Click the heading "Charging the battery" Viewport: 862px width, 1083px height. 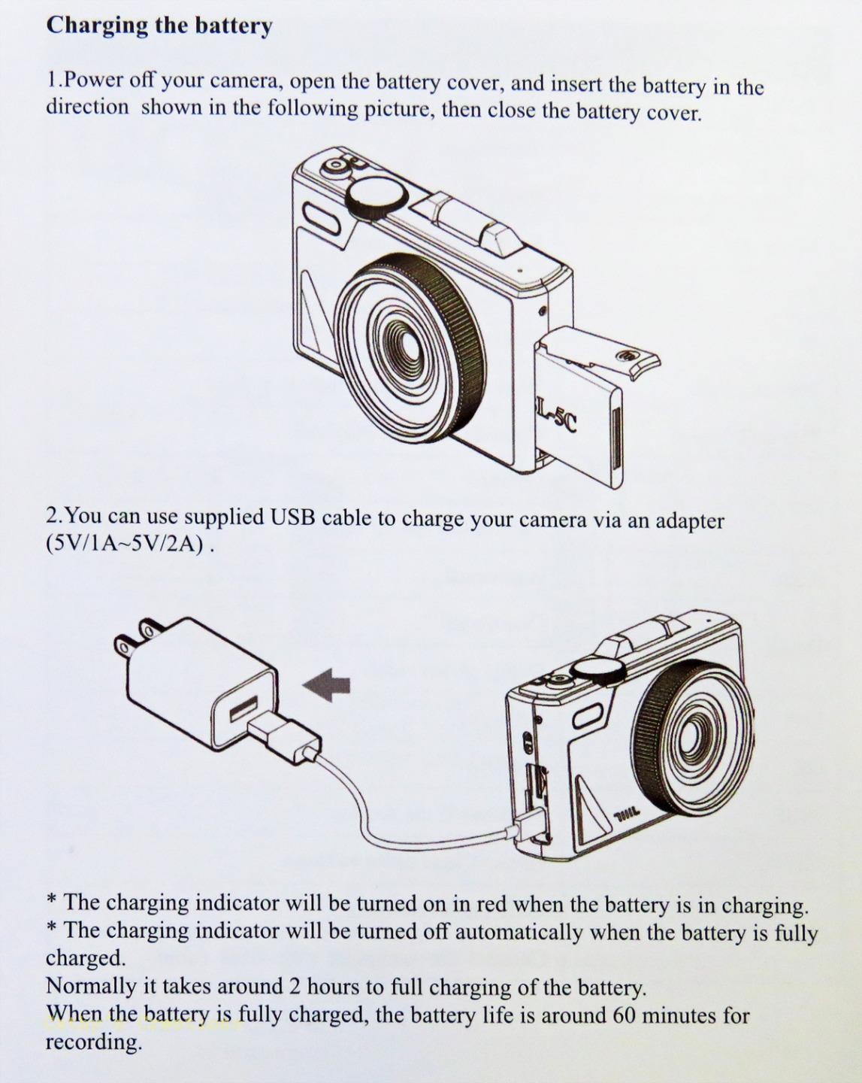coord(159,26)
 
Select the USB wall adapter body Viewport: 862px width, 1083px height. coord(195,681)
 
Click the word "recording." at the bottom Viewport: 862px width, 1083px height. coord(93,1042)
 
